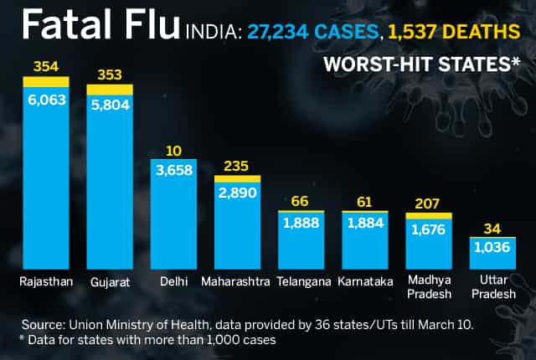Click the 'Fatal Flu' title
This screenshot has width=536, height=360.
(x=100, y=24)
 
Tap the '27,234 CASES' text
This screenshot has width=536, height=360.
(x=312, y=32)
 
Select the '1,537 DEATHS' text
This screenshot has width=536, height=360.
(x=454, y=32)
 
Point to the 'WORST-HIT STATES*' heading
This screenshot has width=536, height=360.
(x=422, y=64)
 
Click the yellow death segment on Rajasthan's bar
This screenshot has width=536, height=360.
(x=46, y=82)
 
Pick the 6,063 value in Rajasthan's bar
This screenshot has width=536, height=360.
(x=47, y=100)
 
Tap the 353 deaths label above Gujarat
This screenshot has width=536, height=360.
(x=110, y=75)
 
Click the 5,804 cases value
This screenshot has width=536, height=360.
(x=110, y=105)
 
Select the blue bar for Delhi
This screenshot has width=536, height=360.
(x=173, y=214)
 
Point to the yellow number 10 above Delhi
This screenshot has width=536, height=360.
(x=173, y=151)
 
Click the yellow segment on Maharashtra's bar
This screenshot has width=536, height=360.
(x=237, y=179)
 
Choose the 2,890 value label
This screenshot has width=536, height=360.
(x=237, y=193)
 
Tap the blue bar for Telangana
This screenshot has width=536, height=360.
(x=301, y=240)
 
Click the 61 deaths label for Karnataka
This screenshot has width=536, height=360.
(x=364, y=202)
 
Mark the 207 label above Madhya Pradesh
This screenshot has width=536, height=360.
(x=427, y=203)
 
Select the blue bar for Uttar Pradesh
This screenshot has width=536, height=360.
(x=492, y=254)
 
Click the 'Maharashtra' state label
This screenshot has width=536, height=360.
(x=235, y=282)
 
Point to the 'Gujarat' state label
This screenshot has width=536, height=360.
(x=110, y=282)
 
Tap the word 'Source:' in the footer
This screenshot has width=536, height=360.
(x=44, y=325)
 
